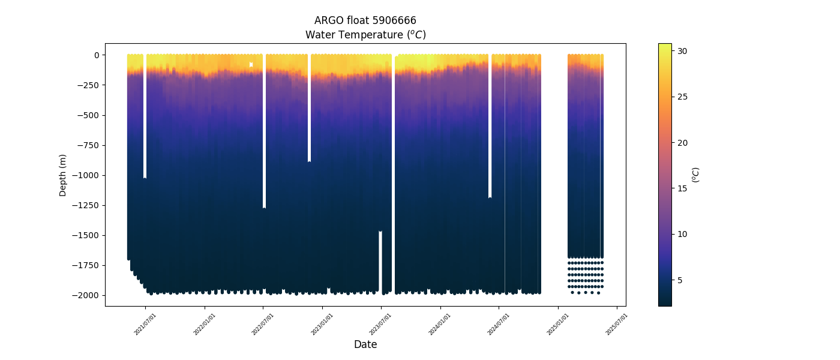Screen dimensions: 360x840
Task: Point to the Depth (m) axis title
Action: pos(63,175)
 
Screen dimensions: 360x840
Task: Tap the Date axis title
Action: pos(365,344)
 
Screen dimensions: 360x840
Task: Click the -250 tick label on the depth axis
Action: pos(88,85)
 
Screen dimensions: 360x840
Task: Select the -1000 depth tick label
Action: pos(86,175)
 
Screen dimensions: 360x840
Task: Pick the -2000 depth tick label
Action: pos(86,295)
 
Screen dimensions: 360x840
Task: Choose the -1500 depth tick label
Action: pos(86,235)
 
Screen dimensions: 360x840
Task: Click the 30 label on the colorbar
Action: pos(682,51)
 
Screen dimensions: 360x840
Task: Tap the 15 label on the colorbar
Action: pos(682,188)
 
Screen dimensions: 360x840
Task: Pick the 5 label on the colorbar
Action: pos(680,280)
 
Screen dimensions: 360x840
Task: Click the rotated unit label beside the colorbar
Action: pos(695,175)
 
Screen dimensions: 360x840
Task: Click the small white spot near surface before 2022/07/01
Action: pos(251,64)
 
